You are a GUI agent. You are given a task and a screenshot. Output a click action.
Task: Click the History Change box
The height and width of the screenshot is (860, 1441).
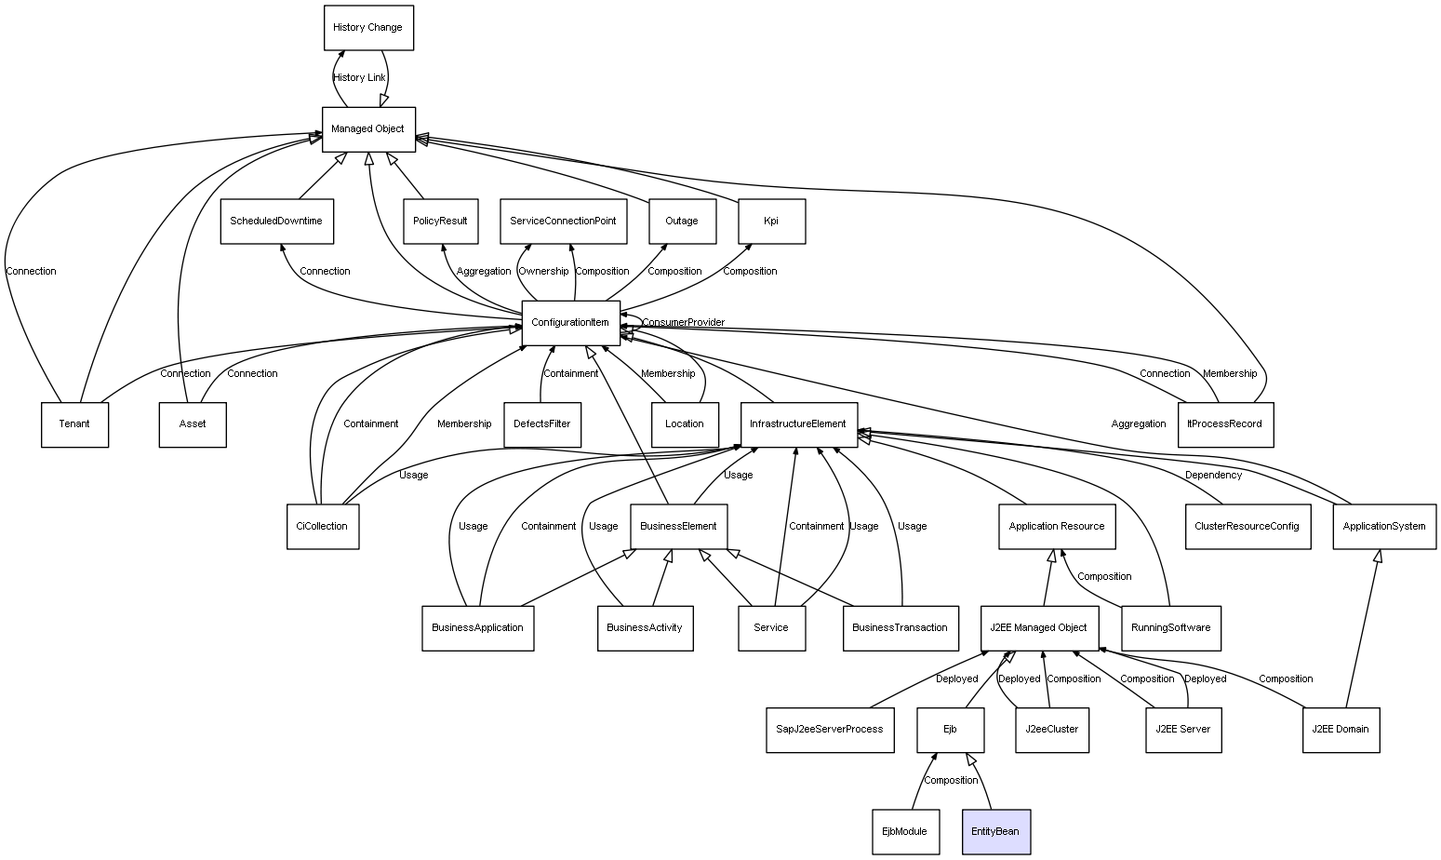click(368, 28)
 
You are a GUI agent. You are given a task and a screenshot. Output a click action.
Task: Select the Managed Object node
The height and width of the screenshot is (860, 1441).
click(368, 129)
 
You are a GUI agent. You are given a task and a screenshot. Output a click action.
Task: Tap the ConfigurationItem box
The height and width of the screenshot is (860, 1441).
click(570, 323)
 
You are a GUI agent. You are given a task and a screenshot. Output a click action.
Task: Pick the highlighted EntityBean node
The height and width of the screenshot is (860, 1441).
click(995, 832)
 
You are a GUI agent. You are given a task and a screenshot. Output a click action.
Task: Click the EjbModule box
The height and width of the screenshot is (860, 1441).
click(905, 832)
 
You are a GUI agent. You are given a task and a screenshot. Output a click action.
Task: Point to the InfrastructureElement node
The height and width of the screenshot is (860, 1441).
click(798, 424)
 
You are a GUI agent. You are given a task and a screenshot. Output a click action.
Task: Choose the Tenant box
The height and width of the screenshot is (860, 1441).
click(74, 424)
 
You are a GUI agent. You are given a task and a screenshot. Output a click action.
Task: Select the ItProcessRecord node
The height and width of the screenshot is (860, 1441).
click(1225, 424)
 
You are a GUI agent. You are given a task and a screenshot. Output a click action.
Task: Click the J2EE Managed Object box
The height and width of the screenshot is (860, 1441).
click(1039, 628)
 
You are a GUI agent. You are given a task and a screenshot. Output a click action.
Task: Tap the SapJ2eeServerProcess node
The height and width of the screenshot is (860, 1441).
click(830, 730)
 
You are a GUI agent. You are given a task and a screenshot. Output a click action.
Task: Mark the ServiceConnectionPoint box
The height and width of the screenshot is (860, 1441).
click(563, 222)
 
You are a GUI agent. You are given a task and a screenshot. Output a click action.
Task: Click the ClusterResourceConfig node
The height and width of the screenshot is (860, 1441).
click(1248, 527)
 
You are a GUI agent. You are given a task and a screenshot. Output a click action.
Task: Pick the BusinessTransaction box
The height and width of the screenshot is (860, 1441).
click(900, 628)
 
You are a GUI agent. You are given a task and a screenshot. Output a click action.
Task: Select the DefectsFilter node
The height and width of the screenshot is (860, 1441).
click(542, 424)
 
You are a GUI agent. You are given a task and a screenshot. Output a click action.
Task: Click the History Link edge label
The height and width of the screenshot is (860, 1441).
click(359, 78)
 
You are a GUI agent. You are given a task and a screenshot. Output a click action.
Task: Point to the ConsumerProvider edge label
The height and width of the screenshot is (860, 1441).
click(683, 323)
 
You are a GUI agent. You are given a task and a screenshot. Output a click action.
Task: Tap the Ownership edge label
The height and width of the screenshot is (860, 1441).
click(543, 272)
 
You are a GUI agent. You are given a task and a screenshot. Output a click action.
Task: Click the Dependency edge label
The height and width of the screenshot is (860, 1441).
click(1213, 476)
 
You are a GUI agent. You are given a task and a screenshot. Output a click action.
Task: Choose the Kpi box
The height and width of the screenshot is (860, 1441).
click(771, 222)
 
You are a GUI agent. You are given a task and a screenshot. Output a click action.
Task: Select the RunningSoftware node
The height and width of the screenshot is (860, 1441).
click(1170, 628)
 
